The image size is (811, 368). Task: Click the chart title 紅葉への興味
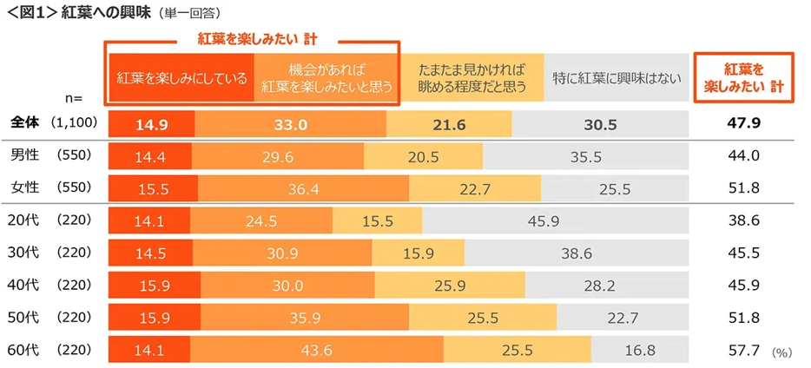point(106,13)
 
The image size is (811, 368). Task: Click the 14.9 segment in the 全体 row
point(151,124)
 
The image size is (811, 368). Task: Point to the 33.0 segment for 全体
point(290,124)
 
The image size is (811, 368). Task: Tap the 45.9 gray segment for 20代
point(543,221)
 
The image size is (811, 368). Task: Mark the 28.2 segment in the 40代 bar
point(600,286)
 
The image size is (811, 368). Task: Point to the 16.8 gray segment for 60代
point(640,351)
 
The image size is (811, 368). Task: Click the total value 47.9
point(743,124)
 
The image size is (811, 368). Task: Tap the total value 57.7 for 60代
point(743,351)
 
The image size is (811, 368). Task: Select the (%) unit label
point(782,353)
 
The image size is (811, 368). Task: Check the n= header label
point(73,99)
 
